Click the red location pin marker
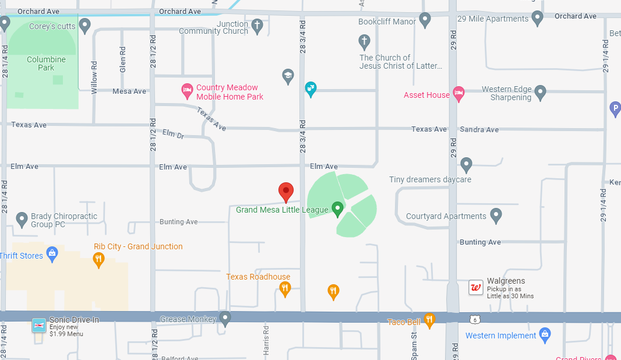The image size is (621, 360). [285, 192]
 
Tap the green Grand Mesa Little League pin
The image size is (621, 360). [337, 208]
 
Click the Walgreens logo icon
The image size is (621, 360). [476, 288]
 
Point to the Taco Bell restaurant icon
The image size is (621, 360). [429, 320]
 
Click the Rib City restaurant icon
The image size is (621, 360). [99, 259]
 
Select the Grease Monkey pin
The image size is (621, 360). [225, 318]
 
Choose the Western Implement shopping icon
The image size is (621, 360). [545, 335]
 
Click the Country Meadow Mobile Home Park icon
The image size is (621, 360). [187, 90]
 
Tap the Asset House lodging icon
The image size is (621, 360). [458, 93]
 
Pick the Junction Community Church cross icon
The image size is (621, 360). [257, 25]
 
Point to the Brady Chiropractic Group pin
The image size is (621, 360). [22, 219]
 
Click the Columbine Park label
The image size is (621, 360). [46, 63]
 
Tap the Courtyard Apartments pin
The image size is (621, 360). [496, 215]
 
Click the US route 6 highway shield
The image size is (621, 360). [476, 320]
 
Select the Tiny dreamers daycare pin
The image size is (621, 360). [466, 164]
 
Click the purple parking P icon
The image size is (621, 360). [615, 108]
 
